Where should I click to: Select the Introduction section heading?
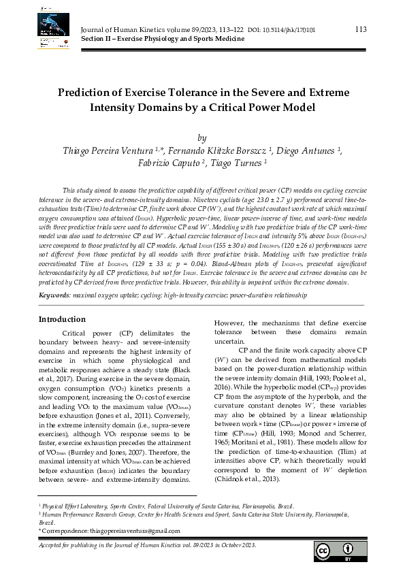62,319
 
